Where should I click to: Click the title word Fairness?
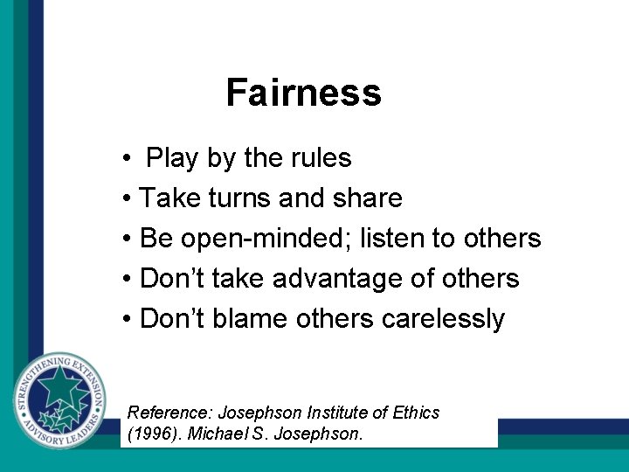pos(303,93)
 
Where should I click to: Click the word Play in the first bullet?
pos(173,159)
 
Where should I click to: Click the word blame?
pos(249,319)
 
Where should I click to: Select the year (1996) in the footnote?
pos(151,434)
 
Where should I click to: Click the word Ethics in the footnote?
pos(415,413)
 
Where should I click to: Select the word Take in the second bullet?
pos(169,198)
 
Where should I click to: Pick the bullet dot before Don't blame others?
pos(128,320)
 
